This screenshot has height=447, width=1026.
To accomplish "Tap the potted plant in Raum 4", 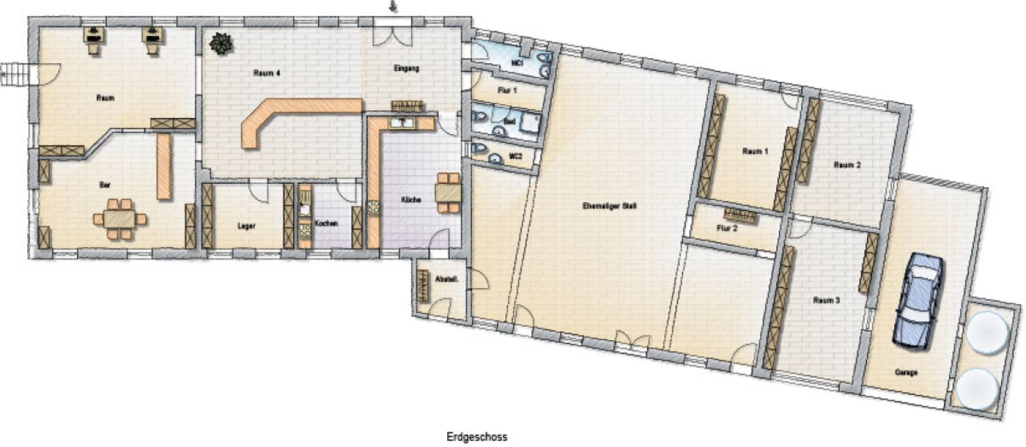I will (x=221, y=43).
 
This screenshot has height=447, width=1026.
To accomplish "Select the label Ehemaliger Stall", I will (x=609, y=206).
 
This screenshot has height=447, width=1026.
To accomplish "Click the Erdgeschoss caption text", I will (x=476, y=437).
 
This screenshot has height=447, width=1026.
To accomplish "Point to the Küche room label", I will (x=411, y=200).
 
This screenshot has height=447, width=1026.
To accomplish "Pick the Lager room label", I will (x=246, y=226).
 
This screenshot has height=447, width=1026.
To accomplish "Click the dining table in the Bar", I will (x=119, y=219).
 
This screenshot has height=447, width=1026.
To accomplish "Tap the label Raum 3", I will (x=826, y=300).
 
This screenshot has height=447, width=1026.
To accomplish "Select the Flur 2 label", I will (x=727, y=228).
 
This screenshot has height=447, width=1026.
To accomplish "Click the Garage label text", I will (x=906, y=372).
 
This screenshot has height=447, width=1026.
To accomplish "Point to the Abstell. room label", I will (x=446, y=279).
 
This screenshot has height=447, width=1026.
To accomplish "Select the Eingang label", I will (x=406, y=69).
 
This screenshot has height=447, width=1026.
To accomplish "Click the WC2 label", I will (x=515, y=156).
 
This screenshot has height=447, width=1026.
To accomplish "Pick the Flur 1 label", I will (x=507, y=90).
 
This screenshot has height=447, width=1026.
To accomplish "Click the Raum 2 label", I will (x=847, y=165).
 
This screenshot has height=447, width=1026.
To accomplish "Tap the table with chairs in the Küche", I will (x=448, y=192).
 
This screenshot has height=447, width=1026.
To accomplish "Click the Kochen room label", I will (x=326, y=223).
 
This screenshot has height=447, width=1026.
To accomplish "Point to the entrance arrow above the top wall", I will (x=394, y=6).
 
